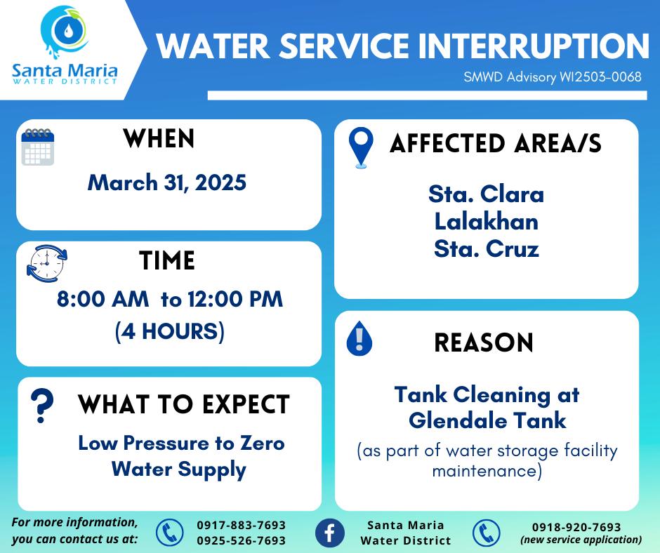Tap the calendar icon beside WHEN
point(38,147)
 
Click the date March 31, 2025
point(167,183)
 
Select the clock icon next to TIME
point(47,263)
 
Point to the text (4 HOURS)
point(170,331)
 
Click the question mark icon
point(42,406)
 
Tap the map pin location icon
point(361,147)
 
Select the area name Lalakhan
point(487,221)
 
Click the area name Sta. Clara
point(486,194)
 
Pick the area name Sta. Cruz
point(487,248)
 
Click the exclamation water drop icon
point(359,338)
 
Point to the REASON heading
point(484,342)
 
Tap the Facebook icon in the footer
point(330,533)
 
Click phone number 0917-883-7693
point(242,525)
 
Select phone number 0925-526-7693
point(242,540)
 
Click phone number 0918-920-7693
point(576,527)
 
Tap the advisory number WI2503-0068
point(600,77)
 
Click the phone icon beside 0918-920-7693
point(486,533)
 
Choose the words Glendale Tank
point(487,420)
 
